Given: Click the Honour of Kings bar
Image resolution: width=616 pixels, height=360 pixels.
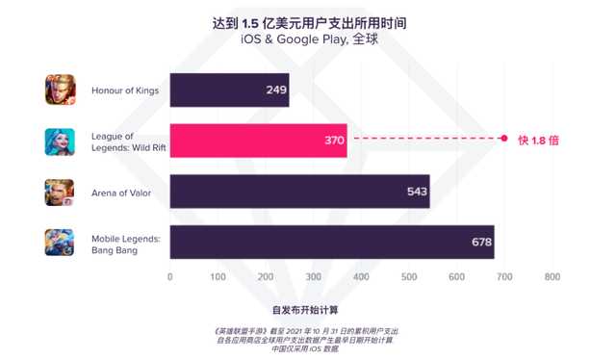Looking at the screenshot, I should pyautogui.click(x=229, y=90).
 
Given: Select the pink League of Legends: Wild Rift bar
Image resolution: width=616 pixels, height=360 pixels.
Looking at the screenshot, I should pyautogui.click(x=258, y=141).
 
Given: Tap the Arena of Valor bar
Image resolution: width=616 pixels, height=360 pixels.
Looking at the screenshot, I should pyautogui.click(x=299, y=192).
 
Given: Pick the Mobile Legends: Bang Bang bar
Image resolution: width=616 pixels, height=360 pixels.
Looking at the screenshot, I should pyautogui.click(x=331, y=243).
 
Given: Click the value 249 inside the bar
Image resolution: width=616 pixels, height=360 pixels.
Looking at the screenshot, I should pyautogui.click(x=276, y=90).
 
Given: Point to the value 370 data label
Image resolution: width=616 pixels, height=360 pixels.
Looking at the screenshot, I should pyautogui.click(x=334, y=141).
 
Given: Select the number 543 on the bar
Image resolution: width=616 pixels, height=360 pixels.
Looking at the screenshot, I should pyautogui.click(x=417, y=192).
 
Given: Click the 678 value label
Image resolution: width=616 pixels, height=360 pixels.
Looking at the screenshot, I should pyautogui.click(x=481, y=243).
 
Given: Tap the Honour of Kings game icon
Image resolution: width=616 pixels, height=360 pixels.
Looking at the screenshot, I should pyautogui.click(x=60, y=90).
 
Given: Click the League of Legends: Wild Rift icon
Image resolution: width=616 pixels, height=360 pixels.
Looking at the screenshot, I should pyautogui.click(x=60, y=141).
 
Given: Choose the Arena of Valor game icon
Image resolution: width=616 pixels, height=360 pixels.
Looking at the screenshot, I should pyautogui.click(x=60, y=192).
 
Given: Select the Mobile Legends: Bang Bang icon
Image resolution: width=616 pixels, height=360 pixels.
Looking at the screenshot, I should pyautogui.click(x=60, y=242).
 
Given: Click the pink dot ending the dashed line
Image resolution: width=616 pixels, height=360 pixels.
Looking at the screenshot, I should pyautogui.click(x=503, y=140).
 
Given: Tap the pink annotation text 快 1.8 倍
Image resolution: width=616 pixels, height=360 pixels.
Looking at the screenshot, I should pyautogui.click(x=538, y=141).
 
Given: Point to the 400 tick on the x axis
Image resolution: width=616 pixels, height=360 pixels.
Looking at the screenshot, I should pyautogui.click(x=361, y=278).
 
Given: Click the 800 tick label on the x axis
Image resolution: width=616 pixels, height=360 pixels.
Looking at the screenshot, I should pyautogui.click(x=552, y=278).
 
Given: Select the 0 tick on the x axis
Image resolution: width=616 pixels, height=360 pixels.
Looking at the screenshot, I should pyautogui.click(x=170, y=278).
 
